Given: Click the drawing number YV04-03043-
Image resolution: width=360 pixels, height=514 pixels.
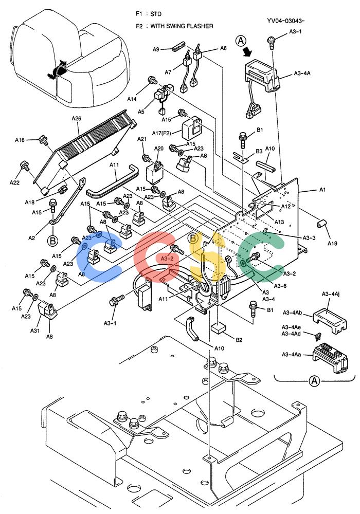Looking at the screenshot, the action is click(x=286, y=21).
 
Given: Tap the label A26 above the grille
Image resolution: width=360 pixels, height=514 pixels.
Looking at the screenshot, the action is click(x=77, y=118).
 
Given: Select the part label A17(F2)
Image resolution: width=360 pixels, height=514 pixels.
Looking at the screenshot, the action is click(x=161, y=133).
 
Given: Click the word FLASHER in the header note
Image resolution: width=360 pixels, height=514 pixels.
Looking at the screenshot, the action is click(x=200, y=26).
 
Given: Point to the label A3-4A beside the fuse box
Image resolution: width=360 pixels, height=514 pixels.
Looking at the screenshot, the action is click(x=302, y=74).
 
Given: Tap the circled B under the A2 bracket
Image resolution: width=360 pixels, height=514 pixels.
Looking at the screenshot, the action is click(x=52, y=241).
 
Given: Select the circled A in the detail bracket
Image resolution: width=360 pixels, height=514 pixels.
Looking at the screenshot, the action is click(x=314, y=381).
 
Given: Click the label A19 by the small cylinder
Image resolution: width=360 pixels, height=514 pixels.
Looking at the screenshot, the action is click(x=332, y=243).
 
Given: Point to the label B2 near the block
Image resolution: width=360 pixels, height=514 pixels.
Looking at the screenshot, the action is click(x=239, y=340).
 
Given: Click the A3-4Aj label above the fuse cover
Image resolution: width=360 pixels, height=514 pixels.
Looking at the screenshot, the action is click(x=331, y=294).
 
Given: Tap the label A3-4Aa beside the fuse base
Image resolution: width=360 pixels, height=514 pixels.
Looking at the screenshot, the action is click(x=292, y=354).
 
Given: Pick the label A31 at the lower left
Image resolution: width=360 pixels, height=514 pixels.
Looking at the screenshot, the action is click(x=35, y=331).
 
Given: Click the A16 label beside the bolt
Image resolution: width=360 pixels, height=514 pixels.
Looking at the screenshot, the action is click(x=20, y=140).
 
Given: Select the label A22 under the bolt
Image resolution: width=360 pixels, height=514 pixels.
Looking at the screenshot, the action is click(x=14, y=182).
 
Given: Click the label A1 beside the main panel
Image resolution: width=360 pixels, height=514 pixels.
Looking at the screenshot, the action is click(x=322, y=190).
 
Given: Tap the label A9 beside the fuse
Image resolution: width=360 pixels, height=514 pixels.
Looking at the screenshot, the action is click(x=156, y=49).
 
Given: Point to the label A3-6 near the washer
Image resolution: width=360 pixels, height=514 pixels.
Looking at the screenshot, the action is click(x=280, y=286).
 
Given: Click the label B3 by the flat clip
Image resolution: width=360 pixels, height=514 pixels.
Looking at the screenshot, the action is click(x=259, y=151).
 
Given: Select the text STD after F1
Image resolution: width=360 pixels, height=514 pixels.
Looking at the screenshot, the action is click(x=156, y=14).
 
